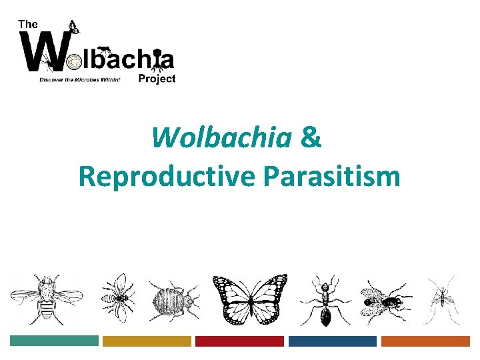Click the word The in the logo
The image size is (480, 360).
pyautogui.click(x=28, y=23)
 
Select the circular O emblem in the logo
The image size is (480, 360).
pyautogui.click(x=73, y=61)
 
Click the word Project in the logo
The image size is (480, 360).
pyautogui.click(x=157, y=79)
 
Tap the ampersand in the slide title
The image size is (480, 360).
pyautogui.click(x=311, y=137)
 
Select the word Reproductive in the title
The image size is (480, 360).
pyautogui.click(x=167, y=177)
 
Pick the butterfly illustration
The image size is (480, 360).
pyautogui.click(x=250, y=299)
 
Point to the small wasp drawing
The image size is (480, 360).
pyautogui.click(x=119, y=298)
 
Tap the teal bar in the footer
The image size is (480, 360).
pyautogui.click(x=54, y=341)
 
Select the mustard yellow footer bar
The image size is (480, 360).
pyautogui.click(x=147, y=341)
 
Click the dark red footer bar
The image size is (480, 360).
pyautogui.click(x=239, y=341)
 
